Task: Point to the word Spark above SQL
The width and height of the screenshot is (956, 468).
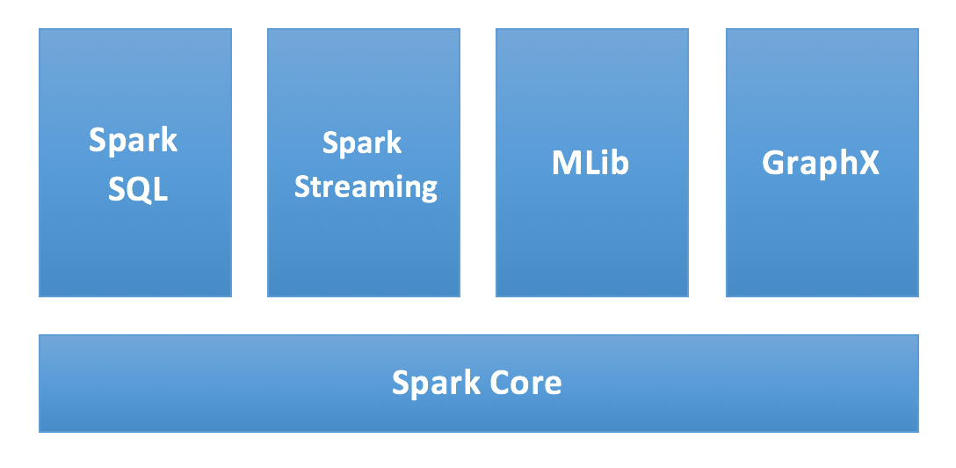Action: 134,141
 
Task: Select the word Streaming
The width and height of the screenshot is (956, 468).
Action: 366,187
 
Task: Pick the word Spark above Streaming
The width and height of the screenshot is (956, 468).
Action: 362,143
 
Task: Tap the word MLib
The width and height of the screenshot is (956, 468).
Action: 590,164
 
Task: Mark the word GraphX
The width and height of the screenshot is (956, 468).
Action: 821,164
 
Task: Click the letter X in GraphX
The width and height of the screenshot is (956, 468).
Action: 868,164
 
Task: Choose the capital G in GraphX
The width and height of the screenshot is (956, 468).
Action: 774,164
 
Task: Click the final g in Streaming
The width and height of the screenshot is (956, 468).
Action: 428,190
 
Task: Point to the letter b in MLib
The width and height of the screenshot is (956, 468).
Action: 620,164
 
